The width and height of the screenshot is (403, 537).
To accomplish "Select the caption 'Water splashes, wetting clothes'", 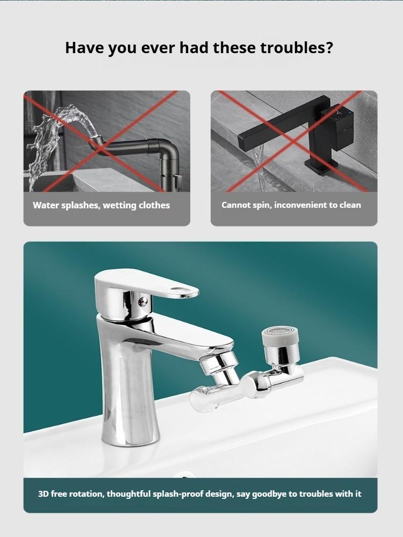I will pyautogui.click(x=101, y=205).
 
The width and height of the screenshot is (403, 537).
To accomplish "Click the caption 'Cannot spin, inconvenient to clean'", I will pyautogui.click(x=291, y=205).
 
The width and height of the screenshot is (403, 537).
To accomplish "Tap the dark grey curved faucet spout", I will pyautogui.click(x=134, y=145).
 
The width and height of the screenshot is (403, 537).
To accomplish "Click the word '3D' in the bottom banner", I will pyautogui.click(x=44, y=494).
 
